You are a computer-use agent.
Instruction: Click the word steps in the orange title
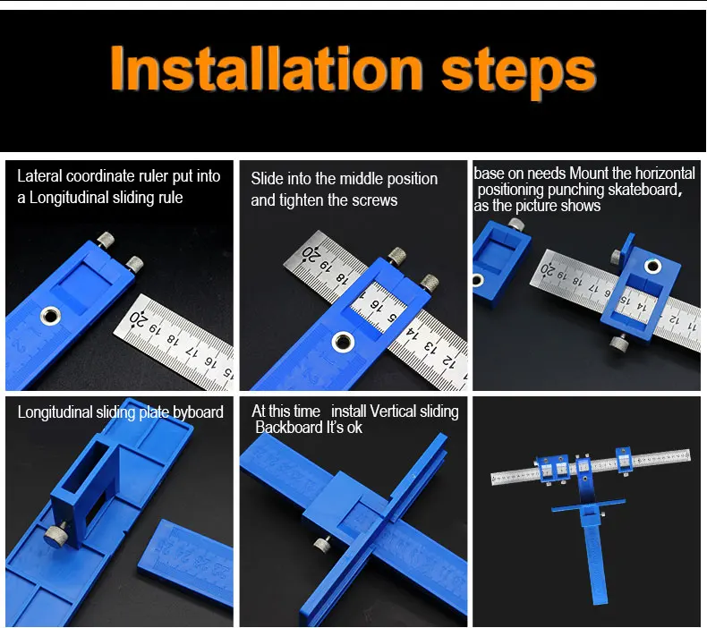[x=518, y=73]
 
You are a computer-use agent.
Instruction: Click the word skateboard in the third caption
[x=643, y=190]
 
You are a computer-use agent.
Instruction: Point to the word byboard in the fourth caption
[x=198, y=412]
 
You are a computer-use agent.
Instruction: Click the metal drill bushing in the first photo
[x=50, y=315]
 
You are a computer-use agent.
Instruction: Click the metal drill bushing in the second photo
[x=343, y=342]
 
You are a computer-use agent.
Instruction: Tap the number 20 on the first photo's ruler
[x=138, y=319]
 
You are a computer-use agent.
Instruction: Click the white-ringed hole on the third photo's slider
[x=653, y=266]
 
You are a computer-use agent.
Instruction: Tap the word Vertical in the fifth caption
[x=394, y=412]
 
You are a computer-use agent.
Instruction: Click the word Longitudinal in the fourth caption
[x=55, y=412]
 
